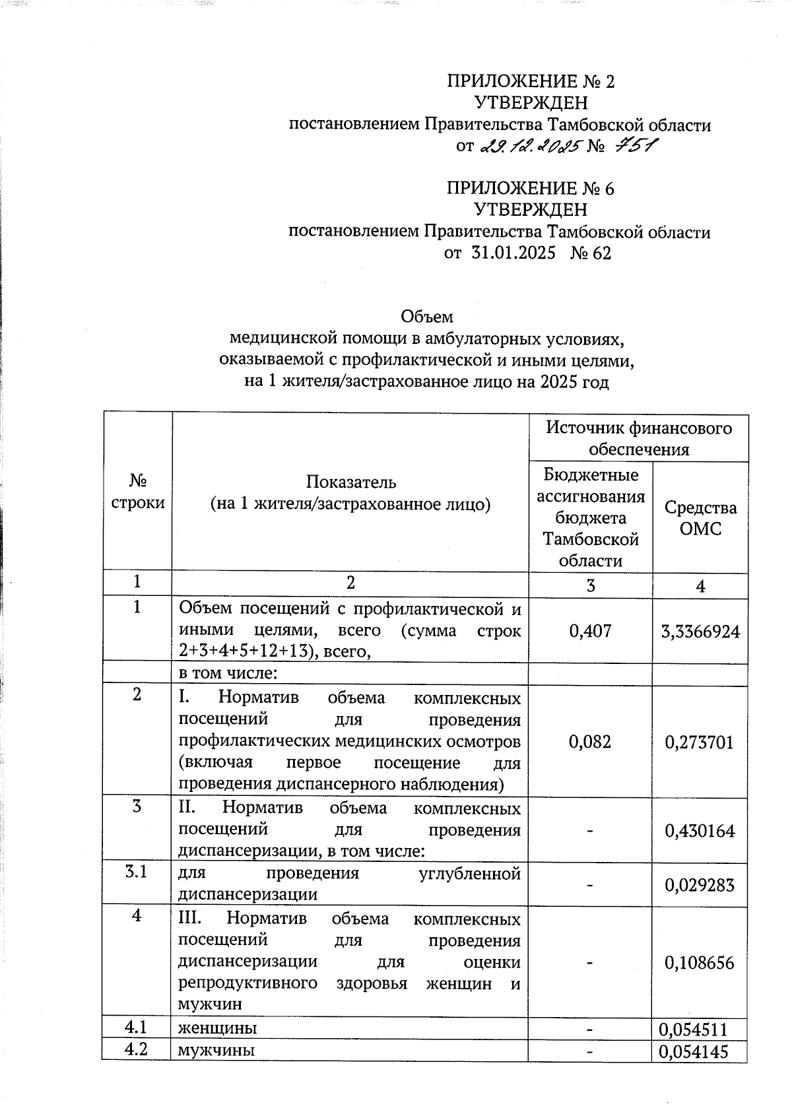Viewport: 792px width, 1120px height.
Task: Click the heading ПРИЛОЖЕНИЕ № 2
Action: (x=531, y=82)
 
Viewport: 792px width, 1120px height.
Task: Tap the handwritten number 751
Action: (x=634, y=146)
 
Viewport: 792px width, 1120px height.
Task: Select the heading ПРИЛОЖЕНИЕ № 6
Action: (x=531, y=189)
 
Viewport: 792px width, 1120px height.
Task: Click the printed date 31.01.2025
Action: (x=513, y=253)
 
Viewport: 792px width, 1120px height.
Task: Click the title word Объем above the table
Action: (x=427, y=317)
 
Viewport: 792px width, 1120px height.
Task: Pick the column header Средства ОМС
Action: (x=700, y=518)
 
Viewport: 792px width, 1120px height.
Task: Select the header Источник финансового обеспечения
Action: (x=638, y=438)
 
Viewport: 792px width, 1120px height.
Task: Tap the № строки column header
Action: (x=137, y=491)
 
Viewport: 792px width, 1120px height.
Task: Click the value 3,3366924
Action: (x=700, y=632)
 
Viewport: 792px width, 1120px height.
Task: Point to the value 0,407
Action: (x=590, y=631)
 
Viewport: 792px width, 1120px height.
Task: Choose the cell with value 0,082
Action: (x=590, y=742)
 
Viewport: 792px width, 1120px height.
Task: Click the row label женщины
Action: (x=218, y=1028)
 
